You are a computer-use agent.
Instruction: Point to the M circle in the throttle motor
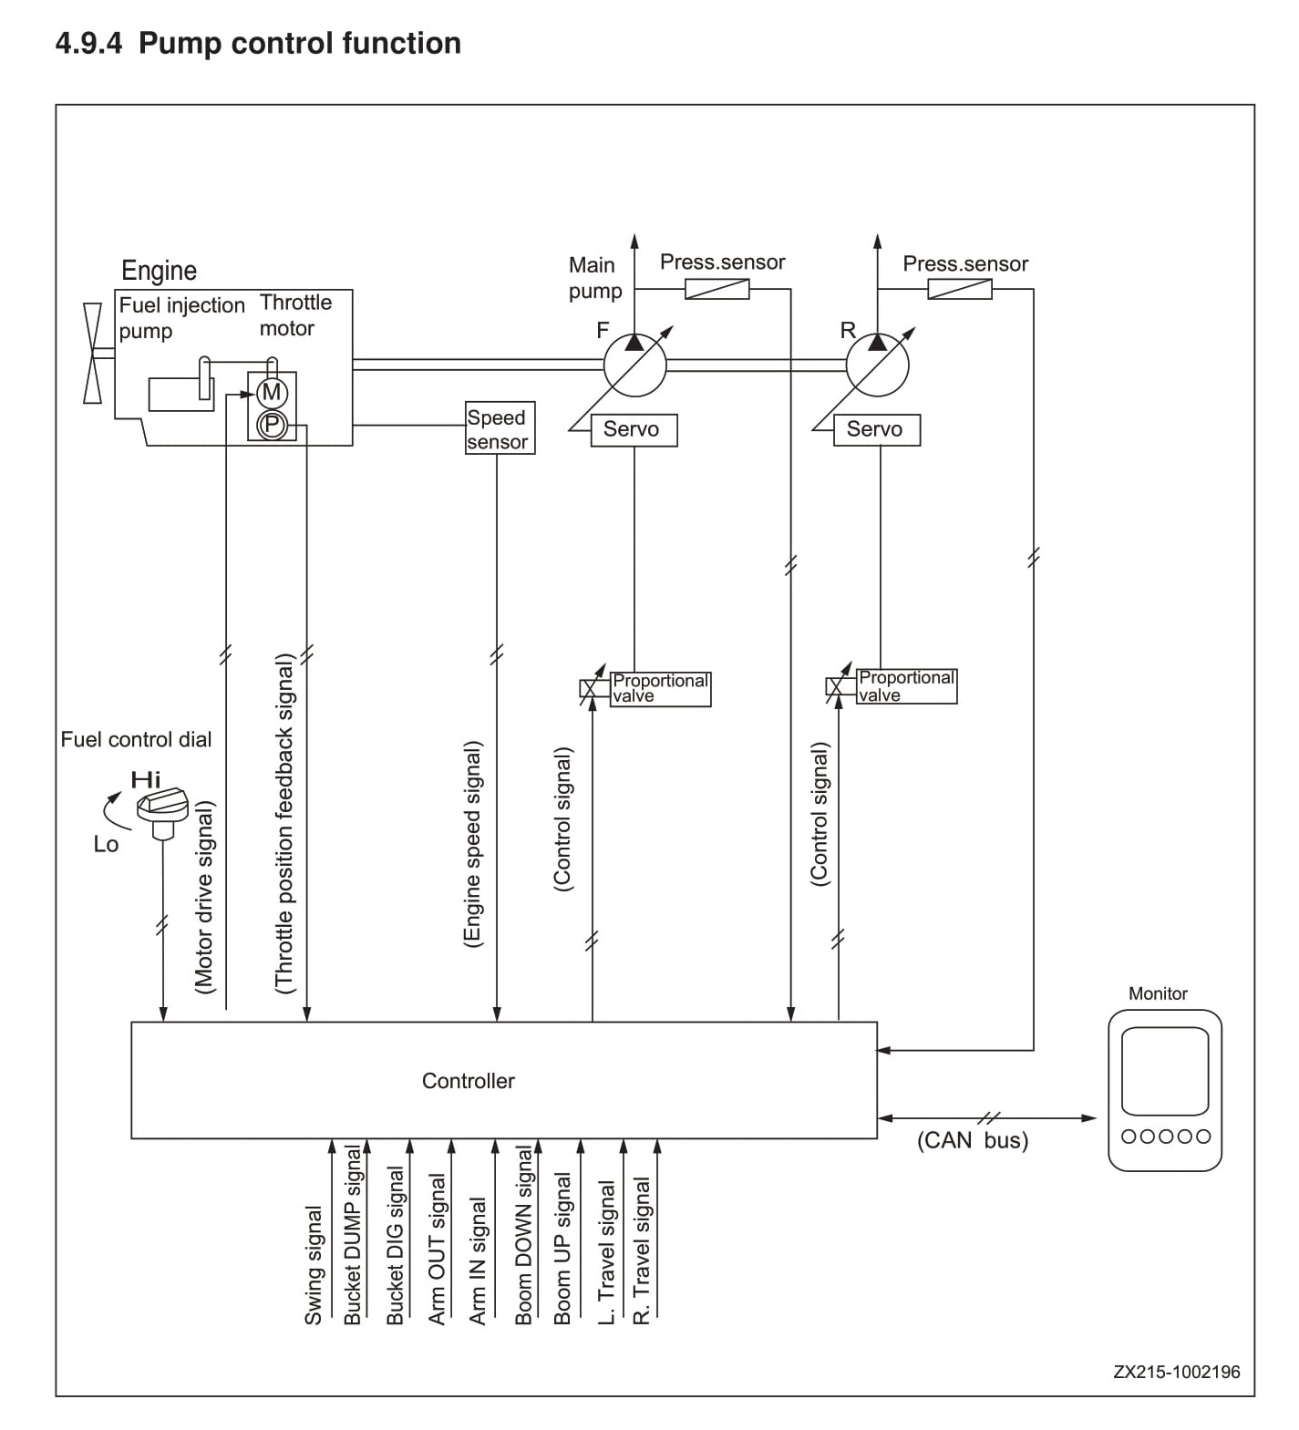[x=272, y=393]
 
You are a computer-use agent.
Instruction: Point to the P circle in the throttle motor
[x=272, y=424]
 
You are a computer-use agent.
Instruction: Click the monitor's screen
[x=1164, y=1071]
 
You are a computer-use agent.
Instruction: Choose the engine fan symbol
[x=92, y=353]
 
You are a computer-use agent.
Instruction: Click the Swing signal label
[x=313, y=1266]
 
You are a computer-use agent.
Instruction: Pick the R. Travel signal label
[x=642, y=1251]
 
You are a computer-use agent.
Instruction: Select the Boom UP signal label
[x=562, y=1250]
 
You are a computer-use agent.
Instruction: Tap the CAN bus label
[x=973, y=1140]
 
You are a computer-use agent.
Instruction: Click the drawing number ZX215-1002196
[x=1176, y=1372]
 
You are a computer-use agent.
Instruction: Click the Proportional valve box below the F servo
[x=660, y=688]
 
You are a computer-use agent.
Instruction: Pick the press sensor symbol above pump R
[x=960, y=289]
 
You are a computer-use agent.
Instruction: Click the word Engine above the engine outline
[x=159, y=271]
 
